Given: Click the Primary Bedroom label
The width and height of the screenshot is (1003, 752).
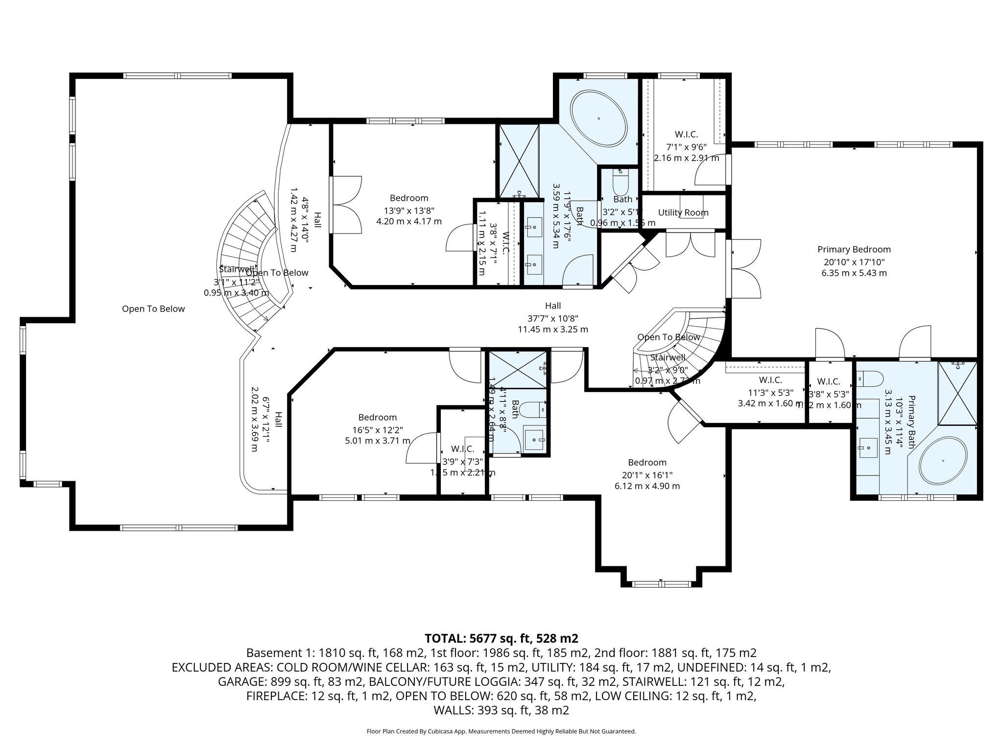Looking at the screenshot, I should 854,249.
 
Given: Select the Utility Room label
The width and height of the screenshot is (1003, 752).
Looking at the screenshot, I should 683,212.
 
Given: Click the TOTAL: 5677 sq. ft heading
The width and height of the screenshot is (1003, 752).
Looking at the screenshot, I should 501,638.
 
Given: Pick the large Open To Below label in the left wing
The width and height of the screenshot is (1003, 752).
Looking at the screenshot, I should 153,308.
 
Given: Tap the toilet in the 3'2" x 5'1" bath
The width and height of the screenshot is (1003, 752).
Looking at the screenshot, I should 620,183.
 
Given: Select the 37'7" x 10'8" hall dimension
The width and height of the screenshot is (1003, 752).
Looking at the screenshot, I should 553,317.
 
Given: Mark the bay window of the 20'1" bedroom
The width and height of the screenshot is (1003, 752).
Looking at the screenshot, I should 661,584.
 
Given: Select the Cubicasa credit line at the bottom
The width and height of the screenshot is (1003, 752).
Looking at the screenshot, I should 501,731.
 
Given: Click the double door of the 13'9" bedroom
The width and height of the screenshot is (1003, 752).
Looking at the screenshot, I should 345,205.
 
